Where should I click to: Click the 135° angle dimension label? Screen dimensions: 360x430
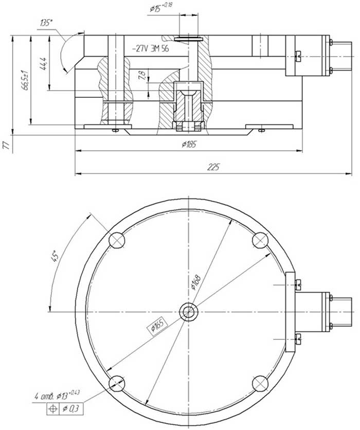pos(46,23)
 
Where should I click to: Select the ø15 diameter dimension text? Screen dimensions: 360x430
pos(161,7)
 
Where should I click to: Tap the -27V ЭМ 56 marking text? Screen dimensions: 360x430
pos(150,49)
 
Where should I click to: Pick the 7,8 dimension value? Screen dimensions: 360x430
pos(142,76)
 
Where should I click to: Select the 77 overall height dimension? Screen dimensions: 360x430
pos(6,145)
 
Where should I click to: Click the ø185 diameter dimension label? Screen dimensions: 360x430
pos(189,144)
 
